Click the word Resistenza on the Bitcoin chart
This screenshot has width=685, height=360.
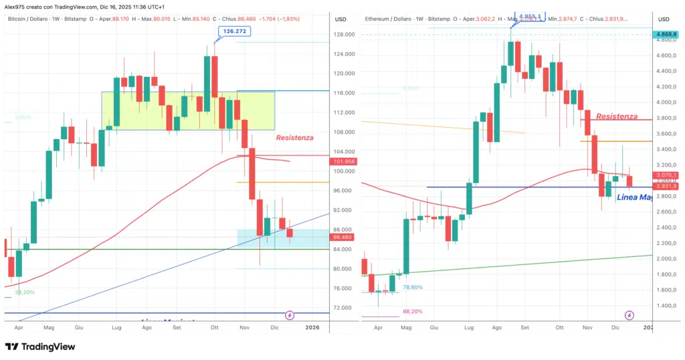coord(294,138)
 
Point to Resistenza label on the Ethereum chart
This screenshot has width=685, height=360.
coord(617,116)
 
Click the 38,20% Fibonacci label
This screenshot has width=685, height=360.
coord(25,292)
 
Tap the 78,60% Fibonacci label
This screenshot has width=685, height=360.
coord(412,287)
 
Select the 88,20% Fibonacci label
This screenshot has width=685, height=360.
coord(412,311)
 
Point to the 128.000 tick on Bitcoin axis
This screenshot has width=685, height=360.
coord(345,35)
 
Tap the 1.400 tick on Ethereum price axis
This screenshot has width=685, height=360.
coord(664,306)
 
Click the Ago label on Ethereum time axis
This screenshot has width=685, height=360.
coord(496,329)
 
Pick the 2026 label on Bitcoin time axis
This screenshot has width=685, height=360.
coord(312,329)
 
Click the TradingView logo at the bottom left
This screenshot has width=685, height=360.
coord(40,347)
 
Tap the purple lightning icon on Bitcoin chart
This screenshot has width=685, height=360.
coord(290,314)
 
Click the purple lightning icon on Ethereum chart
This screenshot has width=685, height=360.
coord(629,314)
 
